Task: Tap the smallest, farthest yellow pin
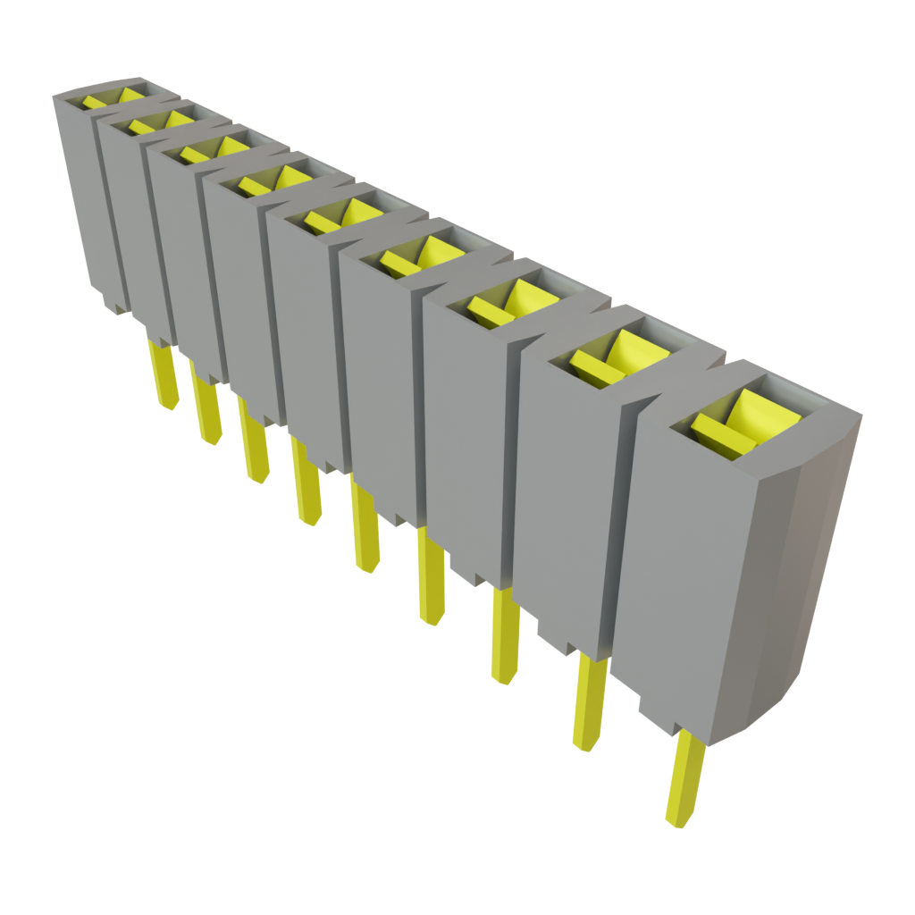[163, 375]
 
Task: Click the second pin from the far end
[207, 411]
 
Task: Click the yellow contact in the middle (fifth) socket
[340, 215]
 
